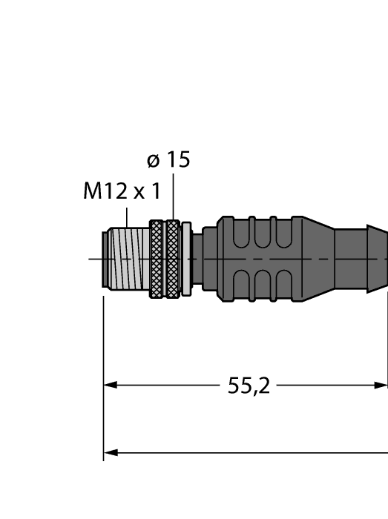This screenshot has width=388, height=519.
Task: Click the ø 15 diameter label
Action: pyautogui.click(x=168, y=159)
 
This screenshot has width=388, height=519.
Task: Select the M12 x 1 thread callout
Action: pyautogui.click(x=122, y=192)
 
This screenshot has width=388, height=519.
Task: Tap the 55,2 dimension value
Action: pyautogui.click(x=249, y=386)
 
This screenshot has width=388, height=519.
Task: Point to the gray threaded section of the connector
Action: pyautogui.click(x=129, y=259)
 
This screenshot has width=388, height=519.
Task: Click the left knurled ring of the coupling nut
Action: pyautogui.click(x=156, y=259)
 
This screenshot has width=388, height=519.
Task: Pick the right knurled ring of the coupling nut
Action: pyautogui.click(x=173, y=259)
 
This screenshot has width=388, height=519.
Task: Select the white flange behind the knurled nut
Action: pyautogui.click(x=186, y=259)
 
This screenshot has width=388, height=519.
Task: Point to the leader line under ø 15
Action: pyautogui.click(x=173, y=196)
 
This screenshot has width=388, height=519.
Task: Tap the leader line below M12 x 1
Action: pyautogui.click(x=127, y=218)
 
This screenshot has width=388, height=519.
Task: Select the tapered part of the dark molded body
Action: pyautogui.click(x=318, y=259)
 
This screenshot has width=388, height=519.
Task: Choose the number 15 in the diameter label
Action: pyautogui.click(x=178, y=159)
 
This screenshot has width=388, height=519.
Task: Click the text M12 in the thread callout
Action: pyautogui.click(x=102, y=192)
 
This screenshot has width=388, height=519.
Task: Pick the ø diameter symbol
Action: pyautogui.click(x=152, y=160)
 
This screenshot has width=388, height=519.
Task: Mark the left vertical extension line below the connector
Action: pyautogui.click(x=103, y=371)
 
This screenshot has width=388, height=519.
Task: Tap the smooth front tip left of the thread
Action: pyautogui.click(x=105, y=259)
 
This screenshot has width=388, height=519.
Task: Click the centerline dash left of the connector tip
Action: pyautogui.click(x=93, y=259)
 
